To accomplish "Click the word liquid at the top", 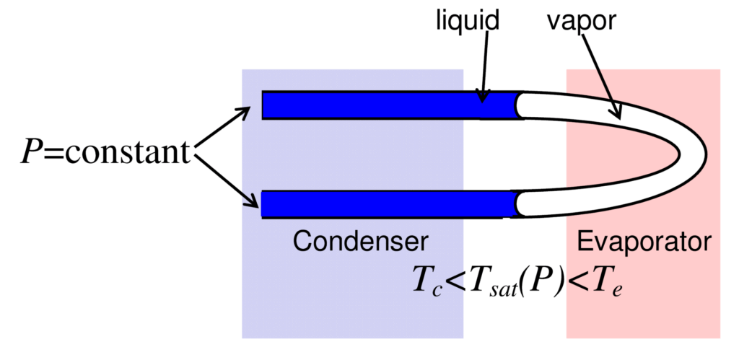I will tap(467, 19).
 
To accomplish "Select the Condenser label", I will tap(360, 241).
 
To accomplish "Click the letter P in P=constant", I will tap(30, 152).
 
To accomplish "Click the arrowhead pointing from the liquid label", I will tap(483, 96).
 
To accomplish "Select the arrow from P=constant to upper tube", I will tap(224, 128).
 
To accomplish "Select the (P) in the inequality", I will tap(545, 280).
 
